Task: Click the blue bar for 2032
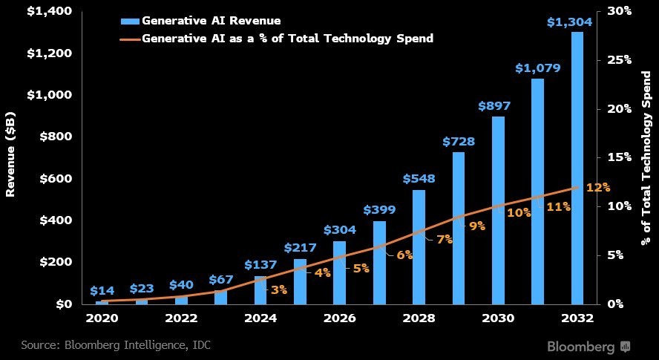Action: [x=577, y=168]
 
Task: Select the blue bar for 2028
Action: [x=419, y=246]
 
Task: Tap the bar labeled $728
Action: [x=459, y=228]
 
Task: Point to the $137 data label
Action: [x=260, y=265]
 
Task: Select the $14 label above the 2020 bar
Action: [x=102, y=291]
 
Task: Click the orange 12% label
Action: [x=597, y=187]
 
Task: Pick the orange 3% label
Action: [x=279, y=289]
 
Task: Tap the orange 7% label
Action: [x=445, y=239]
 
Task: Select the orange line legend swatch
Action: [x=129, y=37]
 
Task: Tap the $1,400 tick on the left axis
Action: [x=48, y=11]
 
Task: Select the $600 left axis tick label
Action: [x=53, y=178]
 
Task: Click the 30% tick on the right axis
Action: [x=617, y=11]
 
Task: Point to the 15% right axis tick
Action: [x=617, y=157]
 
